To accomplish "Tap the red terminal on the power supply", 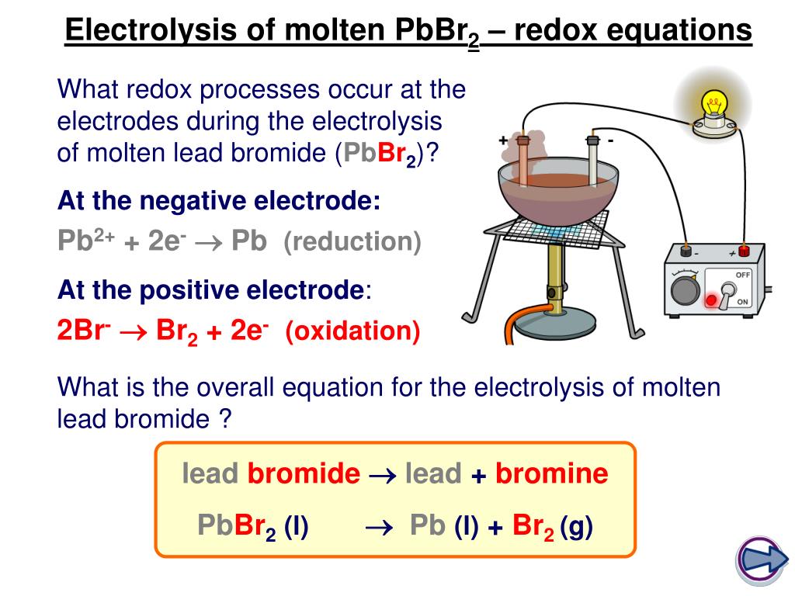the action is tap(744, 251).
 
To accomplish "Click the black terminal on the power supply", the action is tap(686, 251).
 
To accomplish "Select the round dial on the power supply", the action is tap(686, 291).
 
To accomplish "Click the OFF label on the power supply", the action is tap(743, 275).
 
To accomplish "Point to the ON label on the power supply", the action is tap(742, 302).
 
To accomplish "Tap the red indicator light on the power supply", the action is tap(711, 300).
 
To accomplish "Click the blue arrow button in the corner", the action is tap(761, 560).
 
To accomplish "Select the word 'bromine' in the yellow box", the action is tap(552, 473).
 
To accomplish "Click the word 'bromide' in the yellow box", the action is tap(304, 473).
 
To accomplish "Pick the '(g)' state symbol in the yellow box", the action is tap(577, 526).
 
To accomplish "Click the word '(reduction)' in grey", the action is tap(352, 241).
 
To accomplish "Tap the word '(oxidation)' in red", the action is tap(353, 331).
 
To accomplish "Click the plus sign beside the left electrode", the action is tap(503, 140).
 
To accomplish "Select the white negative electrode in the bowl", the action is tap(592, 161).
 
